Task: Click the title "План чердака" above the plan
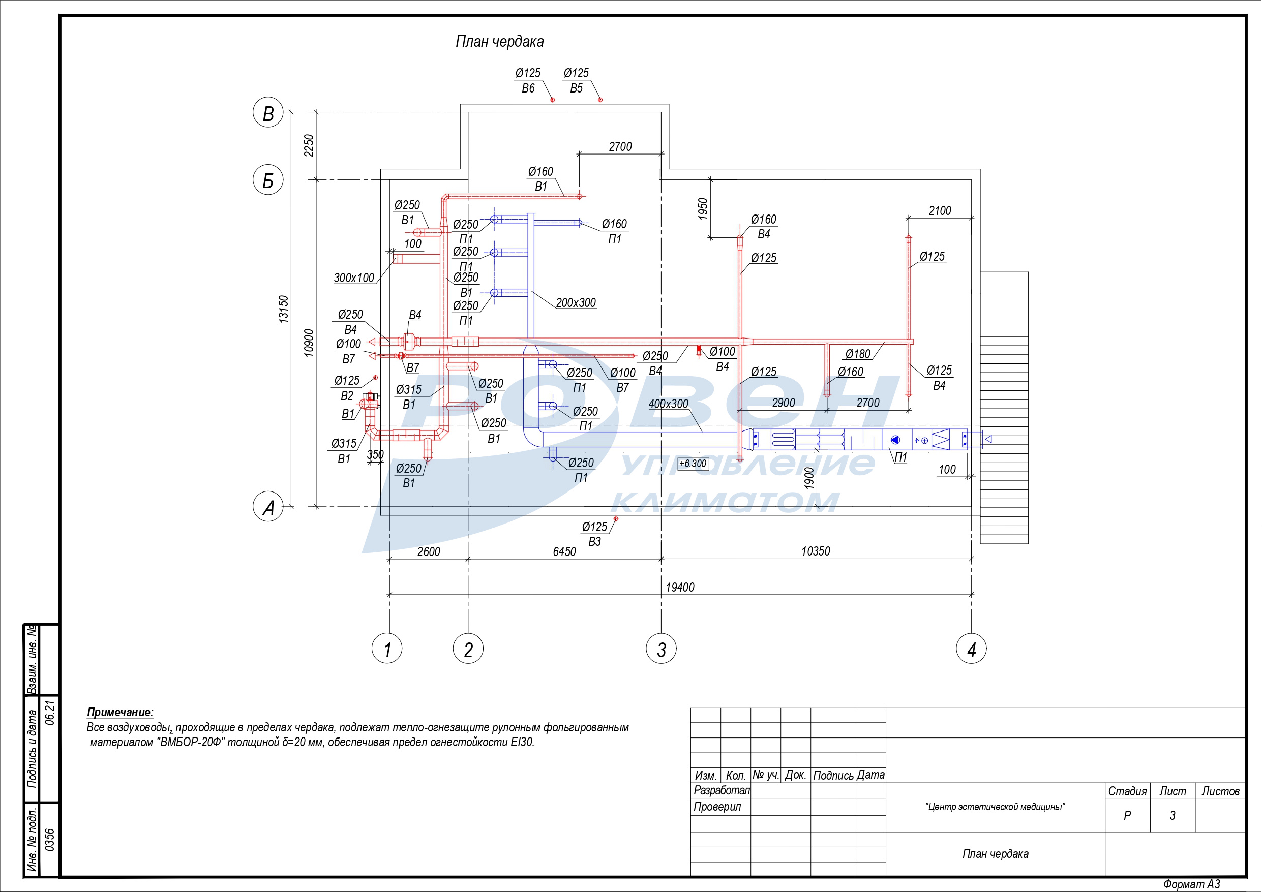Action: (500, 42)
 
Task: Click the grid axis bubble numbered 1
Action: (387, 649)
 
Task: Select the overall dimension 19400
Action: (680, 587)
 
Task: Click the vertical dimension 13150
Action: (283, 309)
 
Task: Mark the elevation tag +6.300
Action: (693, 464)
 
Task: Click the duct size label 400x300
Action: (669, 404)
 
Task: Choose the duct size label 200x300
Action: (576, 303)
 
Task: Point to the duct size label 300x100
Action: (354, 278)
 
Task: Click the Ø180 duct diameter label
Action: (858, 354)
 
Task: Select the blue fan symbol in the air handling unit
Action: (895, 440)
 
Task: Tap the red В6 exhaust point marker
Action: (553, 100)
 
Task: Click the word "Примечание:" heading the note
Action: (121, 712)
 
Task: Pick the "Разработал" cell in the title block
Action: (721, 790)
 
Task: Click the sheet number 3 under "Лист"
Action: (1173, 816)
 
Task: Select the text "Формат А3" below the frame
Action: (1192, 884)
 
